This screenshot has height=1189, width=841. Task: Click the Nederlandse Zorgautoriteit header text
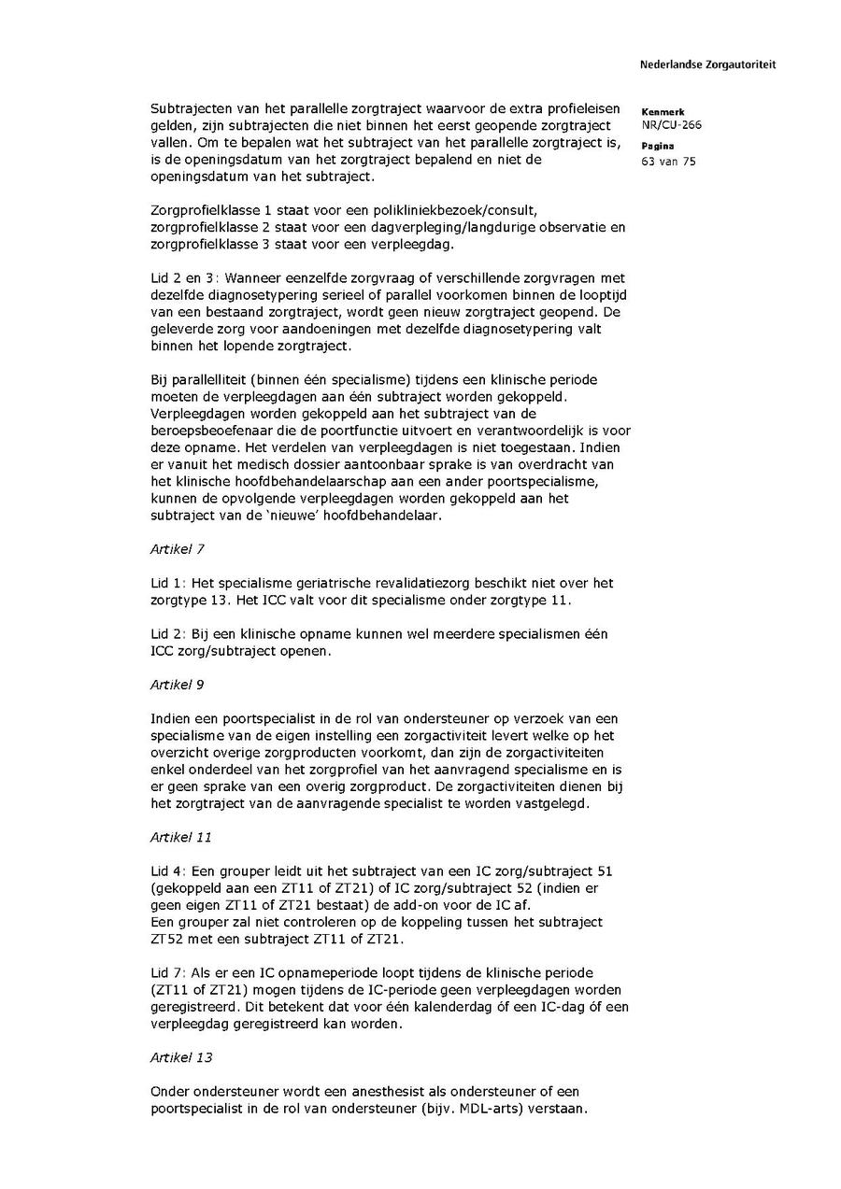click(x=707, y=65)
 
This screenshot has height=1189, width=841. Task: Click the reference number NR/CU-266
click(x=672, y=124)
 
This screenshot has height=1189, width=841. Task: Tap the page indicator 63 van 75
click(x=669, y=161)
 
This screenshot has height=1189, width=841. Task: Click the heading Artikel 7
click(x=177, y=549)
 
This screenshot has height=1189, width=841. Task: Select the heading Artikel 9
click(x=177, y=685)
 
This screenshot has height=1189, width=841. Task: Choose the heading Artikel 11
click(x=180, y=837)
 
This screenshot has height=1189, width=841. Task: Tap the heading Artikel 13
click(x=180, y=1057)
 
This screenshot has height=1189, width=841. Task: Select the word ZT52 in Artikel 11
click(x=165, y=939)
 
